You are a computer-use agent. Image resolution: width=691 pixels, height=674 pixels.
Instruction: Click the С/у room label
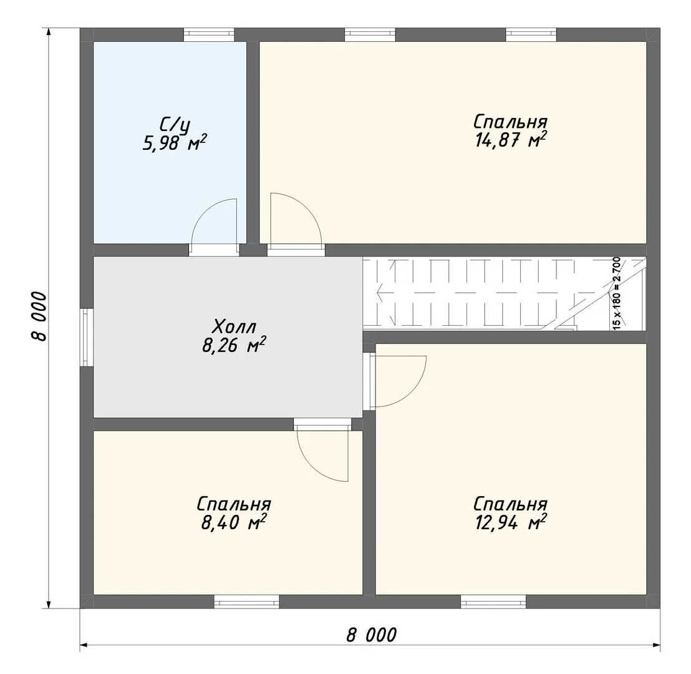point(175,125)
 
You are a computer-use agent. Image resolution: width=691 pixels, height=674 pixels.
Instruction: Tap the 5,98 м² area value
point(175,143)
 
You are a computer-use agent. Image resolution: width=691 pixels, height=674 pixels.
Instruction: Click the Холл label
point(234,327)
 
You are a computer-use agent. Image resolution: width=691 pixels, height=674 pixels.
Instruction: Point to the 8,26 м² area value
point(234,345)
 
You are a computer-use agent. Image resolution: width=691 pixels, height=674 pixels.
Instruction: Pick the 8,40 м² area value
point(234,522)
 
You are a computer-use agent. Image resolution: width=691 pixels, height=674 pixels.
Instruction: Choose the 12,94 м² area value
point(511,522)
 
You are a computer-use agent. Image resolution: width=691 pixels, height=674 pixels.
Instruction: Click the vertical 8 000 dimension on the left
point(39,316)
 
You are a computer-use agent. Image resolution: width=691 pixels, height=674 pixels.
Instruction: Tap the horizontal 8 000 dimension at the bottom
point(371,635)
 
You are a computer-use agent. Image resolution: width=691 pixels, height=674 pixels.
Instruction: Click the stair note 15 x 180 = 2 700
point(617,293)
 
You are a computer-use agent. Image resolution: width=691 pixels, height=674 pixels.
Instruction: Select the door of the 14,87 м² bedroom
point(296,218)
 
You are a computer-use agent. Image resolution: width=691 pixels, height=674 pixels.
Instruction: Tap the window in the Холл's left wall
point(87,337)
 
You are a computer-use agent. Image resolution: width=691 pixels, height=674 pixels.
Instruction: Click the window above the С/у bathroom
point(209,35)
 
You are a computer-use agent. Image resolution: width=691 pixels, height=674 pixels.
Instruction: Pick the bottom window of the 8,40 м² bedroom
point(247,602)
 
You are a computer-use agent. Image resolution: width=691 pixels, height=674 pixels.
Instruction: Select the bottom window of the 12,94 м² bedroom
point(493,602)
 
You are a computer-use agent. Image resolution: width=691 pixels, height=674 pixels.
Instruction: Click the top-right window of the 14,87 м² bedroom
point(531,35)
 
